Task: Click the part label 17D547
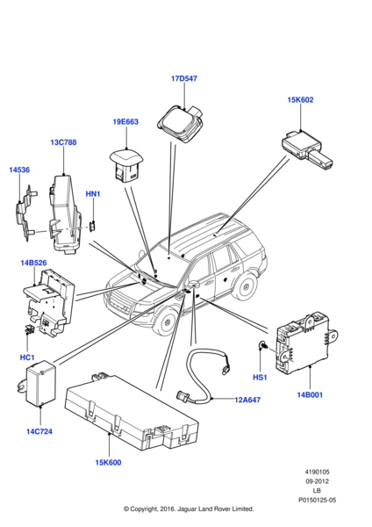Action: pos(184,78)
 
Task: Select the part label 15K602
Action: pos(300,100)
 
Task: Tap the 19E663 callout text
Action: pos(125,122)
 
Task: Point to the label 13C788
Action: pos(63,142)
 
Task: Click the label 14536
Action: pos(19,170)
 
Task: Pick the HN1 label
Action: pos(93,194)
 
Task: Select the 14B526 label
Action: pos(33,263)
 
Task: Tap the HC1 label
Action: pos(27,357)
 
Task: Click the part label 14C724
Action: pos(39,431)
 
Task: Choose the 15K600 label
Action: pos(108,463)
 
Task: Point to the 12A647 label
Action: pos(247,400)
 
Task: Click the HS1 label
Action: pos(260,378)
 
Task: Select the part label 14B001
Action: pos(310,395)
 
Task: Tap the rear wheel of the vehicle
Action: pos(246,287)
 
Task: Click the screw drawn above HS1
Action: pos(262,344)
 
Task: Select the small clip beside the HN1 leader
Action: pos(93,227)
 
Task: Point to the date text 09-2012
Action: pos(318,481)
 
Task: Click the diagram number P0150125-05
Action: pos(318,500)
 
